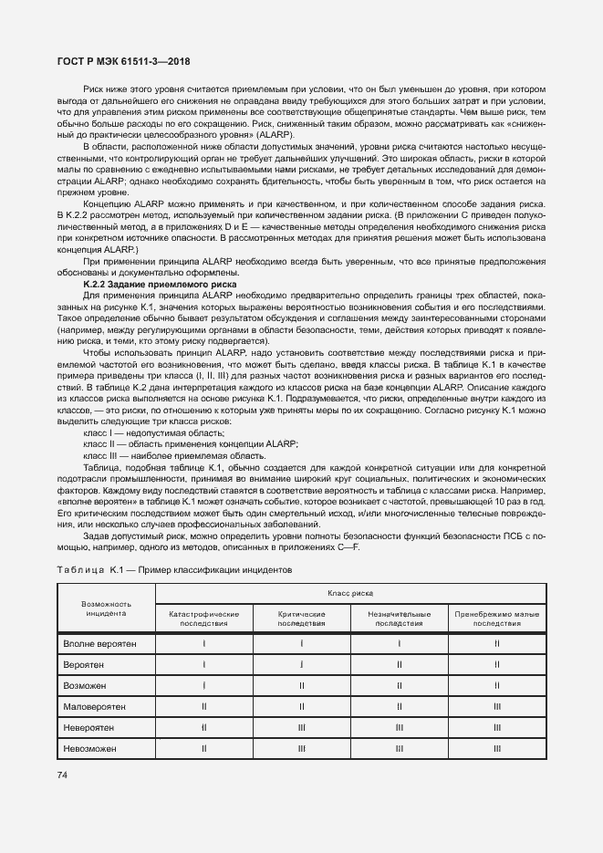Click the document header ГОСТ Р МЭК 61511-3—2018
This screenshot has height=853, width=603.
116,62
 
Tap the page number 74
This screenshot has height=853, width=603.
62,775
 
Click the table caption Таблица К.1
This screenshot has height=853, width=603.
173,568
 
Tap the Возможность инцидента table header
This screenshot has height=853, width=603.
106,609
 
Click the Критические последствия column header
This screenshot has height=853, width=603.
301,619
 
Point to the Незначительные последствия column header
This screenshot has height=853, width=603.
399,619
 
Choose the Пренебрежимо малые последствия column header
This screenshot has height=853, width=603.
497,619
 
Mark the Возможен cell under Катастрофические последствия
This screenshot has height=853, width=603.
203,685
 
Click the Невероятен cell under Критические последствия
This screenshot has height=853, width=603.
301,727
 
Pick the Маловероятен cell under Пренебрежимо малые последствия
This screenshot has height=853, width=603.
497,706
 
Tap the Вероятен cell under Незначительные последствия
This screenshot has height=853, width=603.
399,664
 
